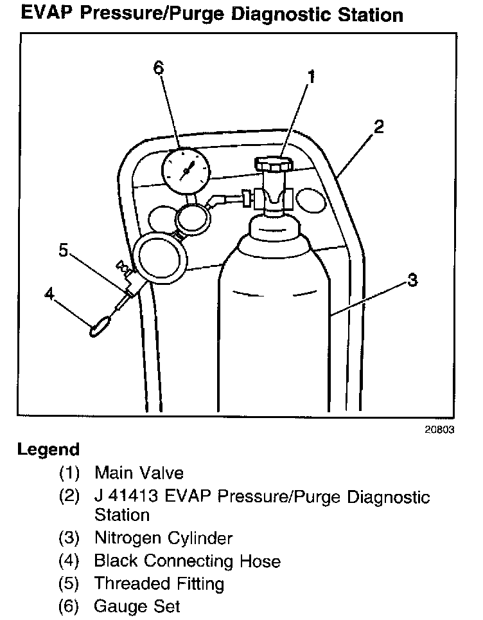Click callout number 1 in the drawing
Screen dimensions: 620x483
point(311,77)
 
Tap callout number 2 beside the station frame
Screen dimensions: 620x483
point(378,127)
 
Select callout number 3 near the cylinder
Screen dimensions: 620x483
point(412,280)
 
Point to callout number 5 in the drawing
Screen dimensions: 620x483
point(63,250)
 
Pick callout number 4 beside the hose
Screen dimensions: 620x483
point(49,294)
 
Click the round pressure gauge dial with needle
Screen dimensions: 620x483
point(186,170)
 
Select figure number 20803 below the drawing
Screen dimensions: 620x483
point(437,430)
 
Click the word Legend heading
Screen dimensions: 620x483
point(49,450)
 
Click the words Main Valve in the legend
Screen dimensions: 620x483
point(139,473)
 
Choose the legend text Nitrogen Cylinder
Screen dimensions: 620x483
point(163,537)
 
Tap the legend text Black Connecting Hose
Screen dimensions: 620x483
point(187,561)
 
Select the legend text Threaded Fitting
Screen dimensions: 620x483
point(159,584)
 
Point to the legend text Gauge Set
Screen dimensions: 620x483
point(137,606)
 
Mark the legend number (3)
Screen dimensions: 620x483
point(69,537)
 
